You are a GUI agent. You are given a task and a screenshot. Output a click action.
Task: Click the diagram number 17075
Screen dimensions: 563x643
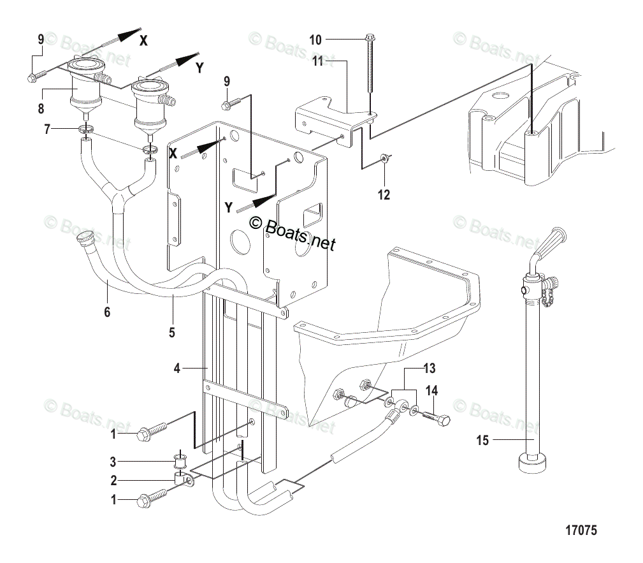(x=581, y=530)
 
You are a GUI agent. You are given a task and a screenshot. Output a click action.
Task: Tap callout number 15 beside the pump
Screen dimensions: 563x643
(x=483, y=440)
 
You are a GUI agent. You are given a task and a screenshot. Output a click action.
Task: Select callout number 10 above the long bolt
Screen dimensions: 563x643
(x=316, y=40)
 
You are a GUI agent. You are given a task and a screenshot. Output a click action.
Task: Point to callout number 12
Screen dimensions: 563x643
(x=384, y=195)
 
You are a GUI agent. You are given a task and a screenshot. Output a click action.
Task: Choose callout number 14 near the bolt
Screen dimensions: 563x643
(x=431, y=391)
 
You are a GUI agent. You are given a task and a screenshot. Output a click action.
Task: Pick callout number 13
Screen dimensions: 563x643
(x=430, y=368)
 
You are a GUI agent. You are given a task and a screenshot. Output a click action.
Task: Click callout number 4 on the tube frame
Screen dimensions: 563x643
(x=178, y=368)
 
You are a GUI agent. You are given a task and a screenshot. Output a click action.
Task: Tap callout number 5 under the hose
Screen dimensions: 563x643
(x=172, y=332)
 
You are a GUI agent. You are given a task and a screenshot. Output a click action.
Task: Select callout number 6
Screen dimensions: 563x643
(x=107, y=312)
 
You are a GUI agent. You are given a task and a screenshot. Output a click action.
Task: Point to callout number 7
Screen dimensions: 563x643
(x=47, y=130)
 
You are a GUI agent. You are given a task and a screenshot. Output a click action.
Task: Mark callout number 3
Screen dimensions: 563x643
(x=113, y=461)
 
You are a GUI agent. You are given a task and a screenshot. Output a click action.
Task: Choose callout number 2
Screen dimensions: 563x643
(x=113, y=480)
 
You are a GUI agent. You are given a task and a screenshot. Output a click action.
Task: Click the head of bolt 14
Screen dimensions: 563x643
(x=445, y=420)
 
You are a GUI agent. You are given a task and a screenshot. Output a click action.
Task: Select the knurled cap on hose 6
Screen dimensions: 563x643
(x=85, y=241)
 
